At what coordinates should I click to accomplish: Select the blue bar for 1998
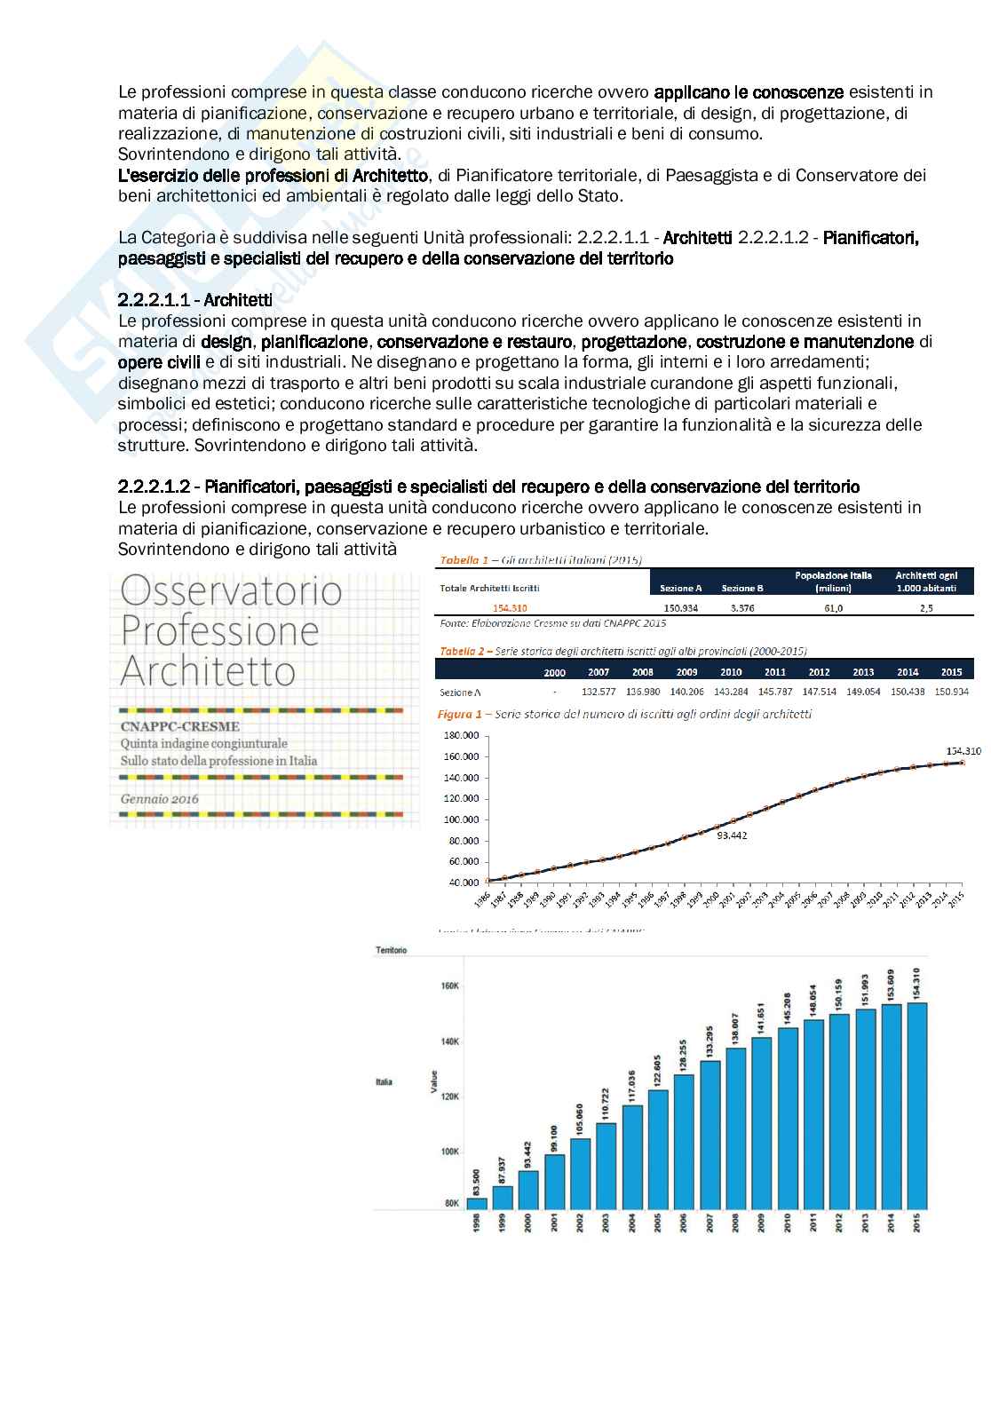(477, 1203)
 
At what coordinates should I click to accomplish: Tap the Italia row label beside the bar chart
(384, 1081)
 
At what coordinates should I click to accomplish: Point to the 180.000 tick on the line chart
(460, 735)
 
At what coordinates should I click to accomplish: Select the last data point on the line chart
(962, 762)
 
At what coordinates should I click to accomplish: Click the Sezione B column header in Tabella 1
(742, 588)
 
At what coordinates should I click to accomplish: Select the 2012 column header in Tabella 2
(819, 672)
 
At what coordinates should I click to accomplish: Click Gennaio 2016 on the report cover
(160, 799)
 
